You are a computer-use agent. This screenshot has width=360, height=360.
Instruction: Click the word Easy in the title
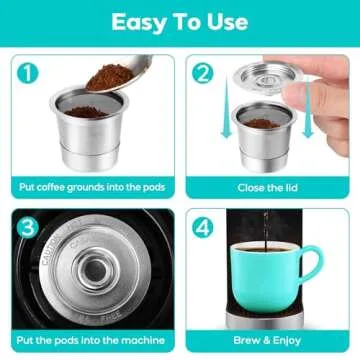tap(123, 22)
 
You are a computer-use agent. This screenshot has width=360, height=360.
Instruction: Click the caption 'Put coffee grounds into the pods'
tap(90, 186)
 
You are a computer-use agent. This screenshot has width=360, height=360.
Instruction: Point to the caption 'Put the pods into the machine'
tap(90, 339)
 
